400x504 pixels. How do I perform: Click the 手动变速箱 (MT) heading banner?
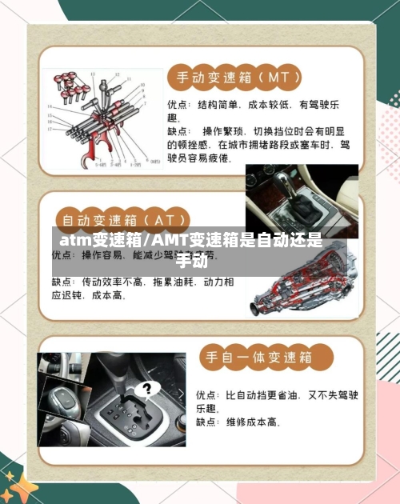[x=233, y=78]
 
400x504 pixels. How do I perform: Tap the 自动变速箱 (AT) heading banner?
[x=122, y=218]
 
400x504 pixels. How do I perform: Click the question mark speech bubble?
[x=146, y=390]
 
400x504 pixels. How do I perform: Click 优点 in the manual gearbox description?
[x=178, y=104]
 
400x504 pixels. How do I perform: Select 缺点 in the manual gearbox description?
[x=178, y=130]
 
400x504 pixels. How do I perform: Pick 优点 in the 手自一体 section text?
[x=209, y=394]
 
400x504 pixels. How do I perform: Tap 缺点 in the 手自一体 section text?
[x=209, y=422]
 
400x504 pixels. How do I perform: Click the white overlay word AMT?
[x=168, y=240]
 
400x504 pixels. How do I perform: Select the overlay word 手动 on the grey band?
[x=190, y=260]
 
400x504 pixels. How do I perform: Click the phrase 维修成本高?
[x=253, y=422]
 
